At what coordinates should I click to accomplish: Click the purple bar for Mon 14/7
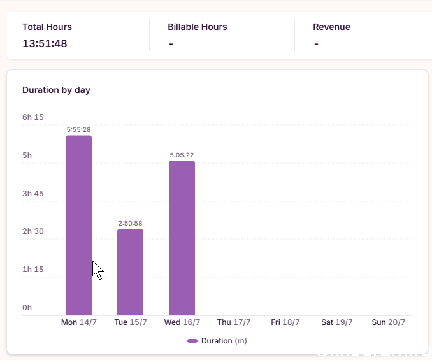point(78,225)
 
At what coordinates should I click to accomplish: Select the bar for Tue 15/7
point(131,272)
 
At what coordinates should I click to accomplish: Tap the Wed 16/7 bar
point(182,238)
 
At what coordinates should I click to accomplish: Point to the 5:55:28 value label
point(78,130)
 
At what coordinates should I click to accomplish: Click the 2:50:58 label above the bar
point(131,224)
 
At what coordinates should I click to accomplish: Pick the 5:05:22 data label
point(182,155)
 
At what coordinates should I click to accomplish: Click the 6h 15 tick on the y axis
point(33,117)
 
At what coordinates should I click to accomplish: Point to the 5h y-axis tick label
point(27,155)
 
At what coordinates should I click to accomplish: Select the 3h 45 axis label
point(33,193)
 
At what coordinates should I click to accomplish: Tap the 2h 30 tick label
point(33,231)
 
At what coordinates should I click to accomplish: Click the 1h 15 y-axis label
point(33,270)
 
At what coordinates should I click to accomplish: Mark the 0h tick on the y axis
point(27,307)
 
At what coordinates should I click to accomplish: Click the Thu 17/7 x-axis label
point(234,322)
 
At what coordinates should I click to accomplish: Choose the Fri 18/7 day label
point(285,322)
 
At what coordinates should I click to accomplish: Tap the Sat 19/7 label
point(337,322)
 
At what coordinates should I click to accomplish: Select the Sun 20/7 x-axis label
point(389,322)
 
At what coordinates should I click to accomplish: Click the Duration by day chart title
point(56,90)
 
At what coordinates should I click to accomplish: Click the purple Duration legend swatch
point(192,341)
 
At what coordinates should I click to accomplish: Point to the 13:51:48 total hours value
point(45,43)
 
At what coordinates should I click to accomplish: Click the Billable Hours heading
point(198,27)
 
